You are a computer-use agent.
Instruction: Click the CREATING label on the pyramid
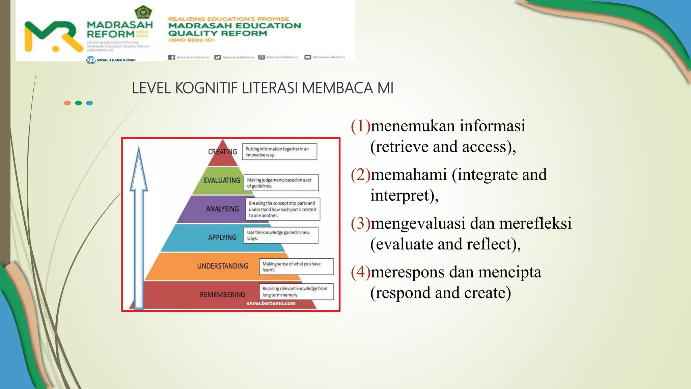[x=222, y=152]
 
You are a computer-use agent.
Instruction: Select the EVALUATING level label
[x=222, y=180]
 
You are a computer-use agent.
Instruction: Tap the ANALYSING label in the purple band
[x=222, y=209]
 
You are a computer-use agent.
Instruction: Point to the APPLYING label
[x=222, y=237]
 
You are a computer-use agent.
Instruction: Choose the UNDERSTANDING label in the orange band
[x=222, y=266]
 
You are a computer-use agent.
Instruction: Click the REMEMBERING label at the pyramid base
[x=222, y=295]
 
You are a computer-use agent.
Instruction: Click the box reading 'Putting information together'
[x=279, y=152]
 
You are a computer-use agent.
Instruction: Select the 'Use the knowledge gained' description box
[x=281, y=235]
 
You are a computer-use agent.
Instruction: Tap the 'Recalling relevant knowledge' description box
[x=296, y=291]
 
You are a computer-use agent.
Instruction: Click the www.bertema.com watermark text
[x=271, y=303]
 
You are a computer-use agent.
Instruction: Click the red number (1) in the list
[x=360, y=126]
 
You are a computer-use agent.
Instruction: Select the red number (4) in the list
[x=360, y=272]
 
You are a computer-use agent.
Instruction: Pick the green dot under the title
[x=78, y=103]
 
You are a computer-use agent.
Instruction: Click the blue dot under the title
[x=89, y=103]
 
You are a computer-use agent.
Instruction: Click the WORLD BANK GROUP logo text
[x=116, y=60]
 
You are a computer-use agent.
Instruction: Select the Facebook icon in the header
[x=171, y=57]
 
